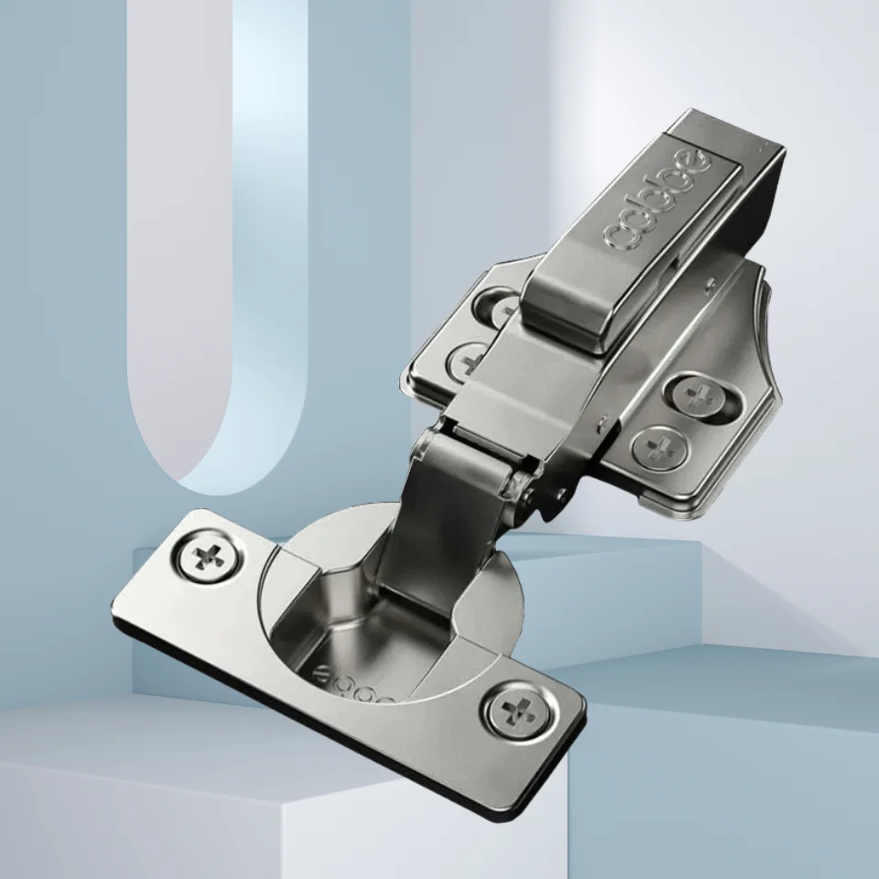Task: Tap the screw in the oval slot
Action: click(700, 397)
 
